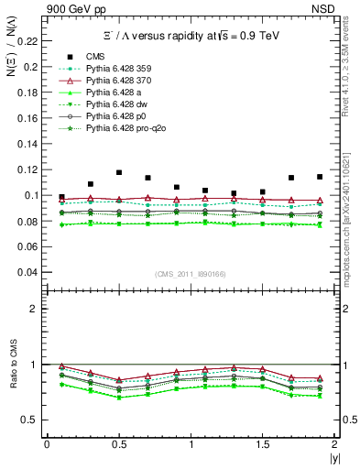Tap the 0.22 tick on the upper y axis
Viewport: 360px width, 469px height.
click(31, 41)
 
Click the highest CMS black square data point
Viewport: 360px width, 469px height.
click(119, 172)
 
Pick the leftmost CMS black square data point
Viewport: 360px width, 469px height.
click(61, 197)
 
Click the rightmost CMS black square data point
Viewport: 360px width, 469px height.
click(320, 177)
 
